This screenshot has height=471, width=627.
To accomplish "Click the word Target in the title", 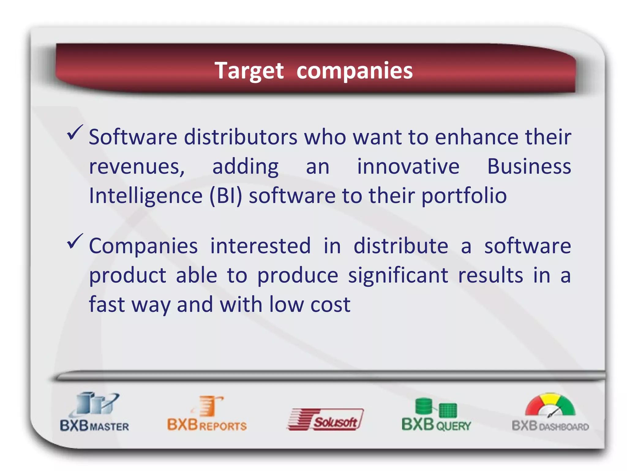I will click(x=249, y=71).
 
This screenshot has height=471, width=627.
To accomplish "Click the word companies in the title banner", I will click(x=355, y=71).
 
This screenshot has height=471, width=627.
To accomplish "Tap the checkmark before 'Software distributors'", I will click(x=74, y=132).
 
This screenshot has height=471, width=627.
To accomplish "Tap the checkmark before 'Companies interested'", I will click(x=74, y=241).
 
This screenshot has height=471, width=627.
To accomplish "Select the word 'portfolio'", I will click(x=464, y=196).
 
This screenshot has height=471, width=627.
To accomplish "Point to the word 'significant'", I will click(x=398, y=275).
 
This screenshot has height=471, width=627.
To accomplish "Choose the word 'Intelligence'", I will click(x=146, y=196).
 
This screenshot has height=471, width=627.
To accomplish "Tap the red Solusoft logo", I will click(x=325, y=419).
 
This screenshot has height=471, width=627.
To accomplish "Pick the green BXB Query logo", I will click(x=436, y=415).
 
